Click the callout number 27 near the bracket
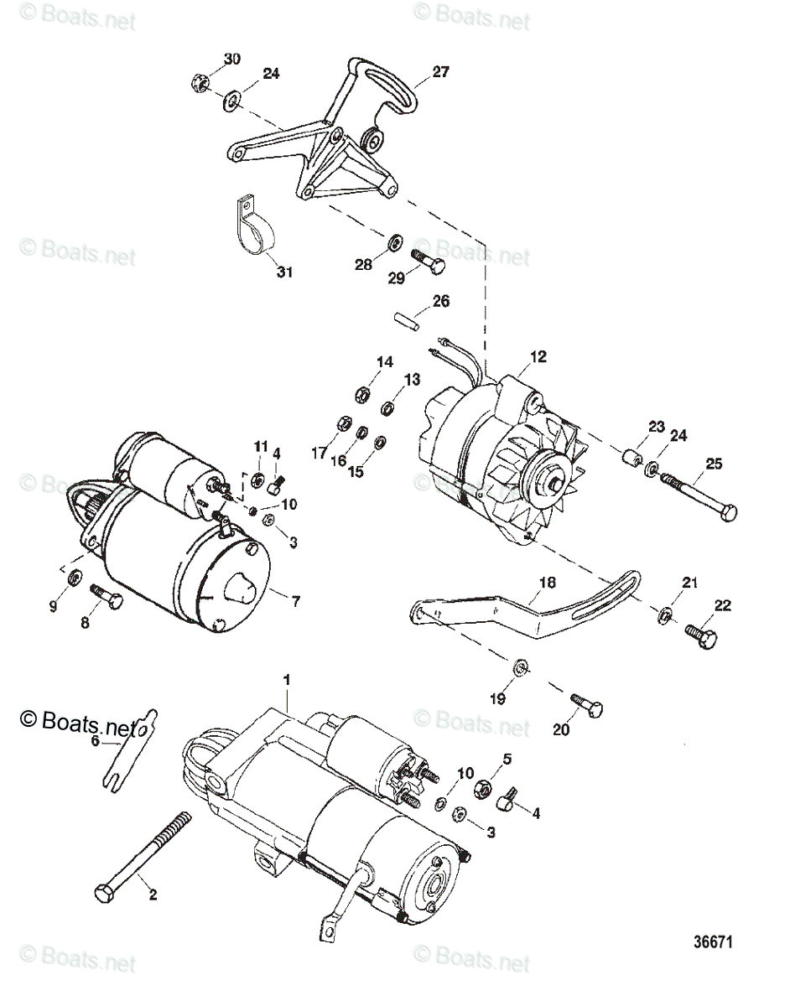(441, 72)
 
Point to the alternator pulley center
(557, 482)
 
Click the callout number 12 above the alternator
(538, 356)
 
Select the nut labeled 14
(356, 392)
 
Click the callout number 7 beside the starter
(294, 601)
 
